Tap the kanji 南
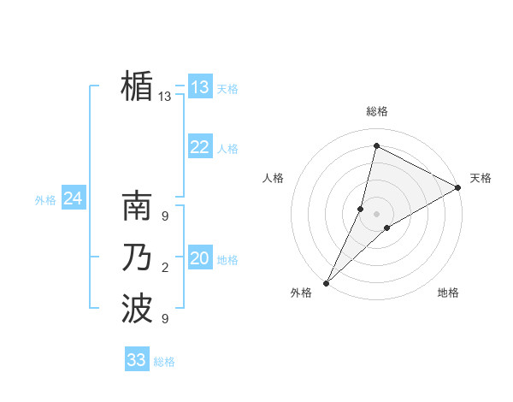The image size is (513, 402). point(137,209)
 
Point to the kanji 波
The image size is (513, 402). point(137,308)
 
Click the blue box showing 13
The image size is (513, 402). point(199,87)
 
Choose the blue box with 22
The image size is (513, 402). point(199,147)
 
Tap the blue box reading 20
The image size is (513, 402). point(199,258)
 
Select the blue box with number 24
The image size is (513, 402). point(73,198)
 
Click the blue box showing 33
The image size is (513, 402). point(136,360)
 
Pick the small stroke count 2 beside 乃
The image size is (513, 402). point(165,269)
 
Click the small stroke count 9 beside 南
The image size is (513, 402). point(165,217)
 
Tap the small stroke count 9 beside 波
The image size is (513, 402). point(165,319)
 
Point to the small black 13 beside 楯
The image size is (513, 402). point(165,97)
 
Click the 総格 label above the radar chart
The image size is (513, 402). point(377,112)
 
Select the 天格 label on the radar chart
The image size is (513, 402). point(481,178)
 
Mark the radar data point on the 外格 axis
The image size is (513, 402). point(326,282)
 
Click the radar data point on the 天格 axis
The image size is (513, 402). point(458,188)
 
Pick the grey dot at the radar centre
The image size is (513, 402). point(376,213)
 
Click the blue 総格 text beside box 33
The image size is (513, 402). point(164,362)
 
